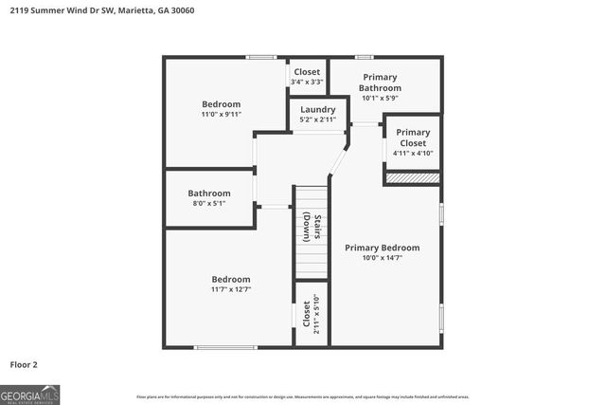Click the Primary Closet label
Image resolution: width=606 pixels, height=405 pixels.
[x=413, y=138]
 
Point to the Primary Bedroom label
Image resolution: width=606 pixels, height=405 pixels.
[x=382, y=248]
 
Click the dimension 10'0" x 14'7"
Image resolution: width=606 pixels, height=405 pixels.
[x=382, y=258]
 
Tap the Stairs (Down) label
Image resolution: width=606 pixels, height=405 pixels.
[x=312, y=230]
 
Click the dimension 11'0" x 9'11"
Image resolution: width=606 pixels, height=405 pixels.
[x=221, y=114]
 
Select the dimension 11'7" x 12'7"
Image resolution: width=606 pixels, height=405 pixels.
[x=230, y=289]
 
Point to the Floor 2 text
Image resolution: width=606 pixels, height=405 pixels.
[x=24, y=364]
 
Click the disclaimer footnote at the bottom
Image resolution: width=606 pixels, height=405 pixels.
[x=303, y=396]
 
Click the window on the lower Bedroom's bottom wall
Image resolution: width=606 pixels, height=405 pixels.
[x=225, y=347]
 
